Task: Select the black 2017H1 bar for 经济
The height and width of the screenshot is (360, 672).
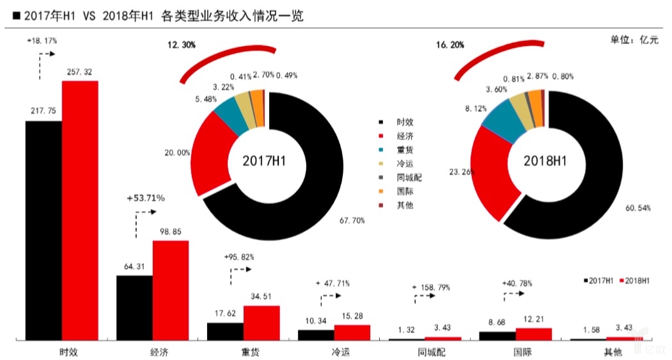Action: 134,307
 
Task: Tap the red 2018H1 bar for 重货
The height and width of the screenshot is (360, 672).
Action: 262,322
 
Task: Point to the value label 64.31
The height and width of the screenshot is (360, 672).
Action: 134,267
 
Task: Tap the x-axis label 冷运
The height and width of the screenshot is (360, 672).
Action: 334,352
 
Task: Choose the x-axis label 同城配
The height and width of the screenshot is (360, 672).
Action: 425,352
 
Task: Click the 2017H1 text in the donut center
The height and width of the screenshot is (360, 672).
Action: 264,161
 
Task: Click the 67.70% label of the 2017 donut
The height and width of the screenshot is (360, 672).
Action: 352,221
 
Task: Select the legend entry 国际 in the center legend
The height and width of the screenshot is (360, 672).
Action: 404,191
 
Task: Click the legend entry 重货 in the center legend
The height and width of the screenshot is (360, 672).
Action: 404,150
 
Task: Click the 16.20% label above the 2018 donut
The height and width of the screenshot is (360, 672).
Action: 449,45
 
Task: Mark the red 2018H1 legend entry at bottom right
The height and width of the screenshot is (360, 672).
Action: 635,281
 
